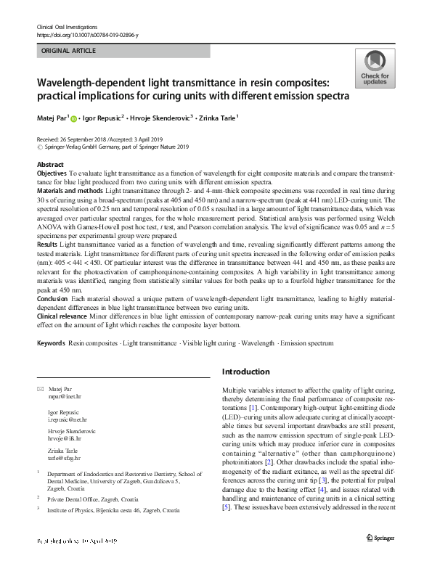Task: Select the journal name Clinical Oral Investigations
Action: tap(68, 26)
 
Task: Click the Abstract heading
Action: tap(50, 165)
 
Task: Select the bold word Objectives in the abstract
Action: tap(52, 175)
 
